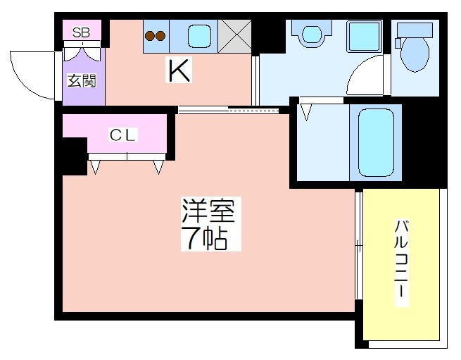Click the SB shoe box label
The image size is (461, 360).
click(x=81, y=32)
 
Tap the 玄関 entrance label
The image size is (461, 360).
click(x=82, y=80)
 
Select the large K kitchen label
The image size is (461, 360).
click(x=179, y=70)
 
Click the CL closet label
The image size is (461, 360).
click(x=122, y=135)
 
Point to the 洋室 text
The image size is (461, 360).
click(x=208, y=211)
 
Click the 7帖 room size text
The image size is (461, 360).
click(x=205, y=238)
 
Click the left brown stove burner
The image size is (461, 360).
click(x=150, y=36)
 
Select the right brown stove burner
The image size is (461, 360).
click(x=160, y=36)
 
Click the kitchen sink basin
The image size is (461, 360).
click(x=200, y=36)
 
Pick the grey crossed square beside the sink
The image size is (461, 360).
click(x=234, y=37)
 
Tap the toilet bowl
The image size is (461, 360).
click(x=415, y=54)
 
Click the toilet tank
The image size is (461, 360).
click(x=415, y=30)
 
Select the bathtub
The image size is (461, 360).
click(x=376, y=143)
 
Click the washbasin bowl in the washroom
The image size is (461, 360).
click(x=312, y=35)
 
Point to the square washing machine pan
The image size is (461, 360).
click(x=365, y=37)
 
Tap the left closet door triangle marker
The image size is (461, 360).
click(x=95, y=167)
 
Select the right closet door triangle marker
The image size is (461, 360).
click(x=158, y=167)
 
